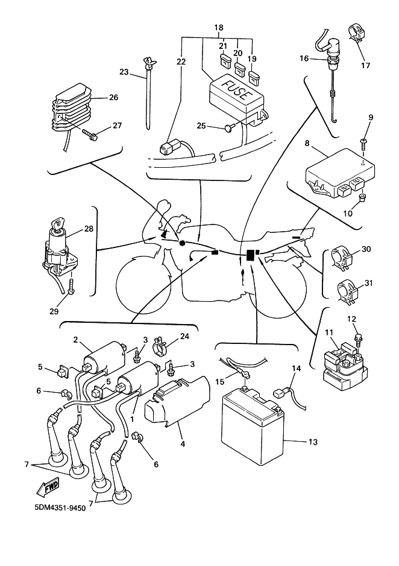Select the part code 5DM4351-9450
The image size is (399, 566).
tap(60, 508)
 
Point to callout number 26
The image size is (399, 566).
tap(113, 98)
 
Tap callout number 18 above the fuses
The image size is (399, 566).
tap(219, 28)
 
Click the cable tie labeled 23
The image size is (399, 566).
tap(149, 94)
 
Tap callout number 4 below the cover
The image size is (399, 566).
tap(183, 444)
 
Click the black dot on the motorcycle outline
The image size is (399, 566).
tap(182, 244)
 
